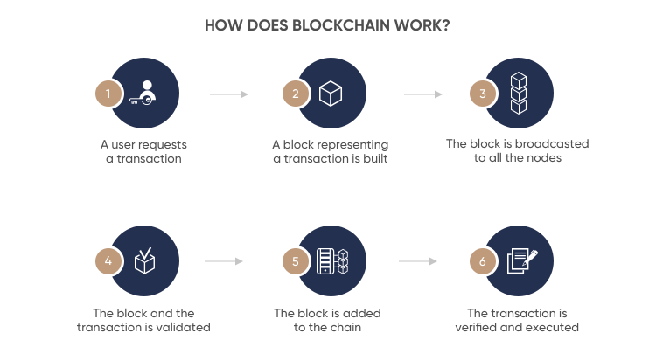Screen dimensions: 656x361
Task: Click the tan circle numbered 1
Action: [x=108, y=94]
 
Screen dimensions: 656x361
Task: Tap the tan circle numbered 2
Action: [x=296, y=94]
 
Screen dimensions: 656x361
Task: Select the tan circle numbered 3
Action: [x=482, y=94]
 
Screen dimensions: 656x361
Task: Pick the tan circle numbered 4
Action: [x=108, y=261]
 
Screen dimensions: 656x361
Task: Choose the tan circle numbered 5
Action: [x=296, y=261]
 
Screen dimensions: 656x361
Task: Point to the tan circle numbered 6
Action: [x=482, y=261]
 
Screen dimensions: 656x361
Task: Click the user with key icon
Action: [x=143, y=93]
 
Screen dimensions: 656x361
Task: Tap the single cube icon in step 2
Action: [x=331, y=94]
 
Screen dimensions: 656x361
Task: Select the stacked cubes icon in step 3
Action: [x=519, y=94]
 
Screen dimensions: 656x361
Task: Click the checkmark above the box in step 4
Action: [x=145, y=253]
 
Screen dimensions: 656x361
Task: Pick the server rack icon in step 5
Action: [x=325, y=261]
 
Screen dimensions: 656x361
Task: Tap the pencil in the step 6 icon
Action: [x=530, y=257]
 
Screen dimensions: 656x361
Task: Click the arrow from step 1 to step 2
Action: [x=229, y=94]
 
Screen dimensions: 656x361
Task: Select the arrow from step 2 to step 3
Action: [x=423, y=94]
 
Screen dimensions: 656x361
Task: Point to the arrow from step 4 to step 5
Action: [x=224, y=261]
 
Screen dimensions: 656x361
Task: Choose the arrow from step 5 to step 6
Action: [x=418, y=261]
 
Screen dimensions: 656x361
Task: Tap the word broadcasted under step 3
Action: [x=552, y=143]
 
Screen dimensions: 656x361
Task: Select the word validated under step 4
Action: [x=184, y=327]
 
